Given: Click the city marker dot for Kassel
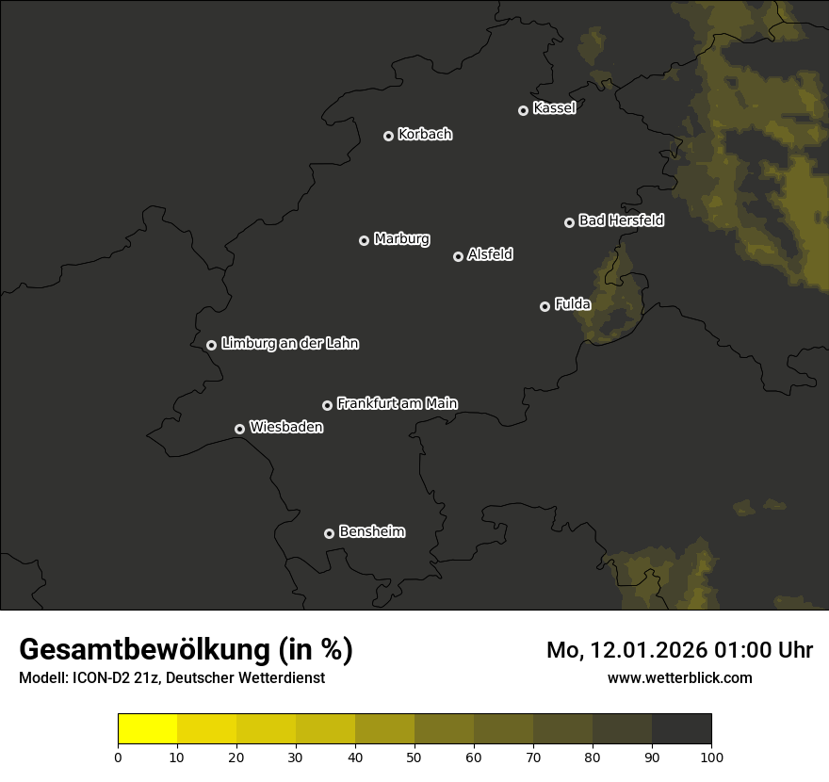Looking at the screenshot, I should pyautogui.click(x=523, y=110).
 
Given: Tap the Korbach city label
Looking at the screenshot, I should pyautogui.click(x=425, y=135).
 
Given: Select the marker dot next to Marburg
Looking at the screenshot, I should pyautogui.click(x=364, y=240).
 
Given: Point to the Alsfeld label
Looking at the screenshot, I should pyautogui.click(x=490, y=254).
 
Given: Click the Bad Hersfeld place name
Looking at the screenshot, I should pyautogui.click(x=621, y=220).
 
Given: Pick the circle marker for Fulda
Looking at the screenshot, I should pyautogui.click(x=545, y=306).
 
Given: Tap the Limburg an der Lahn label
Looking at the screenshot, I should pyautogui.click(x=290, y=344).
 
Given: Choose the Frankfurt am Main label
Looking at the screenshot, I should pyautogui.click(x=397, y=403).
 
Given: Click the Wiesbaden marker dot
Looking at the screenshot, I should pyautogui.click(x=239, y=429).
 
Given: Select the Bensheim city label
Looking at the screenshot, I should pyautogui.click(x=371, y=531).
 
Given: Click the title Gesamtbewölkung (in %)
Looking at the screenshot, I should pyautogui.click(x=187, y=650).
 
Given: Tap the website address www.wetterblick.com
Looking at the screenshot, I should pyautogui.click(x=679, y=677).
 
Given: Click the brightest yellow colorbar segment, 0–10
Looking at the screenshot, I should pyautogui.click(x=147, y=728).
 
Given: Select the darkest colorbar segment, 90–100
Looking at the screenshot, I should pyautogui.click(x=681, y=728).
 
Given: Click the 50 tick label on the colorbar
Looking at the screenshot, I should pyautogui.click(x=414, y=757).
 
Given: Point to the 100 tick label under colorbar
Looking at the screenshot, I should pyautogui.click(x=711, y=757).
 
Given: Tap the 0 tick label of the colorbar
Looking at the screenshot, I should pyautogui.click(x=118, y=757).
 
